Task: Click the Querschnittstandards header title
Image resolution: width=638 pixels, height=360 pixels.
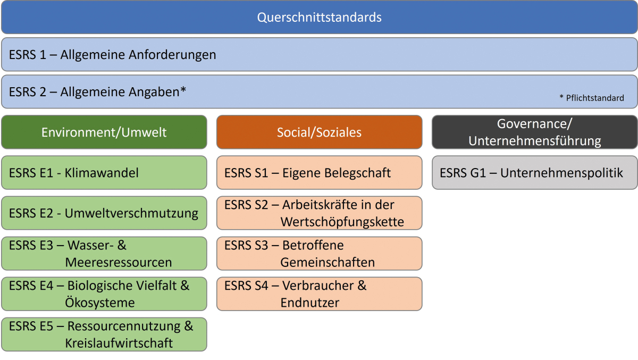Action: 319,18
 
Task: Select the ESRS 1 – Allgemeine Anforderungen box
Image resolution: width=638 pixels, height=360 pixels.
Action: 319,54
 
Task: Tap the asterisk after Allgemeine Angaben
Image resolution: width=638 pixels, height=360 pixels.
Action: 183,89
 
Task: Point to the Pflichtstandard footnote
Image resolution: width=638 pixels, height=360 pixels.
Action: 592,98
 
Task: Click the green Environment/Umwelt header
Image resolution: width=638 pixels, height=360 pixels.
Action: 104,132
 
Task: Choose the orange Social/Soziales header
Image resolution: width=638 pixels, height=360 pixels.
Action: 320,132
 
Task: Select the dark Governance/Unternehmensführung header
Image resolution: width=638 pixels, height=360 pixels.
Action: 535,132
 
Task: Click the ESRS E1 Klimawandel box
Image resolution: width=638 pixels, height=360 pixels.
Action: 104,173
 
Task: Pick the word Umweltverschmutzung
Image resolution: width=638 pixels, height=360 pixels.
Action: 131,213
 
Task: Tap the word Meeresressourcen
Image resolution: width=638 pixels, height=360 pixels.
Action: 119,262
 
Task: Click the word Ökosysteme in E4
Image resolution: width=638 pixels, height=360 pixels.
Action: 100,302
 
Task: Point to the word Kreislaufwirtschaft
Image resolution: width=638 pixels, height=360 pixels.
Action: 119,343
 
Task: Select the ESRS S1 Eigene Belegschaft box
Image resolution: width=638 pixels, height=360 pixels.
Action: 320,173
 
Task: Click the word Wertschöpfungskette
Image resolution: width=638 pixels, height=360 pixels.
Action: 342,222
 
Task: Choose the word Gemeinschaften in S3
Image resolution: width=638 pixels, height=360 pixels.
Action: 328,262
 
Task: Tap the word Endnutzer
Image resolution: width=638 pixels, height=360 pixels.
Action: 310,303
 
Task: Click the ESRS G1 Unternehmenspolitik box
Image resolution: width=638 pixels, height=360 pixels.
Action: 535,173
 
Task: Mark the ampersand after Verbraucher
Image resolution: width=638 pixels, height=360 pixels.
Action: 362,286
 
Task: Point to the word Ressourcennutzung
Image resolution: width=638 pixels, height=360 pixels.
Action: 124,326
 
